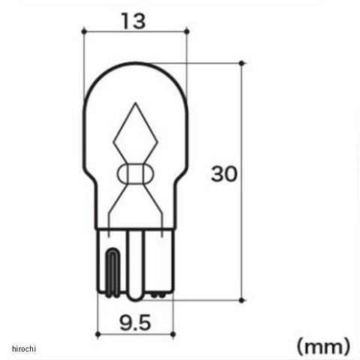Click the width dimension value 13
[133, 21]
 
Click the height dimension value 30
[223, 174]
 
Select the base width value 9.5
[135, 322]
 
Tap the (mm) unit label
[323, 346]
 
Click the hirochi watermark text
[24, 349]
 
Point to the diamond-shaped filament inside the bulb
[136, 133]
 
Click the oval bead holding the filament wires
[135, 174]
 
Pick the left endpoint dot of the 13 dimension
[84, 31]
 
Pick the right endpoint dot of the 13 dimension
[187, 31]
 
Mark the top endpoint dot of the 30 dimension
[241, 63]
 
